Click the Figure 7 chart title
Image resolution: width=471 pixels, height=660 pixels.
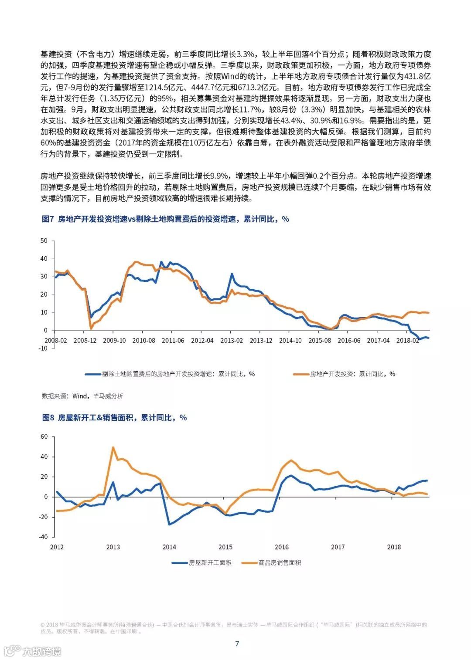165,219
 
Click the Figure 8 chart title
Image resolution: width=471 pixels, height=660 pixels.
114,418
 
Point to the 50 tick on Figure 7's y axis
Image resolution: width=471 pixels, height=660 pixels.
44,240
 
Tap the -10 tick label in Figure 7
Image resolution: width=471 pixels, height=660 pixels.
43,348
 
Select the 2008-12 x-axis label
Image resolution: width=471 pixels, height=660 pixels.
85,340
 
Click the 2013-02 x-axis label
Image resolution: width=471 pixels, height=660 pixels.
232,340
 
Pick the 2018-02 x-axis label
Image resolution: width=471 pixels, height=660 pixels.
407,340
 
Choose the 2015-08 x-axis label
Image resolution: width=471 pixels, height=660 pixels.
320,340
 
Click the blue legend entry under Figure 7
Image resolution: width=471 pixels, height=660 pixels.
170,374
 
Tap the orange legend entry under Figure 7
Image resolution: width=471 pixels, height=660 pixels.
345,374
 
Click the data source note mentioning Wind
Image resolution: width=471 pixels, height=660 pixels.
82,396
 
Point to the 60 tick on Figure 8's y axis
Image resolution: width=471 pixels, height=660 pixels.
44,437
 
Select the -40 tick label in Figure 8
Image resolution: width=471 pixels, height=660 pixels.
43,537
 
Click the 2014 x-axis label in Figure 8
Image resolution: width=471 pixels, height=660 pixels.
169,547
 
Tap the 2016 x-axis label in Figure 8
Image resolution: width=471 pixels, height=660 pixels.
282,547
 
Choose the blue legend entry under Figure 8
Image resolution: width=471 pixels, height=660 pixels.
201,563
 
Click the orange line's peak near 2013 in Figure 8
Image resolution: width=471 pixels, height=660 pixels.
113,447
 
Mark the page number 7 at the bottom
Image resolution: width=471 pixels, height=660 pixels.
237,644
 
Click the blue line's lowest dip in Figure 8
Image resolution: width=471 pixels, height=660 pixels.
169,524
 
